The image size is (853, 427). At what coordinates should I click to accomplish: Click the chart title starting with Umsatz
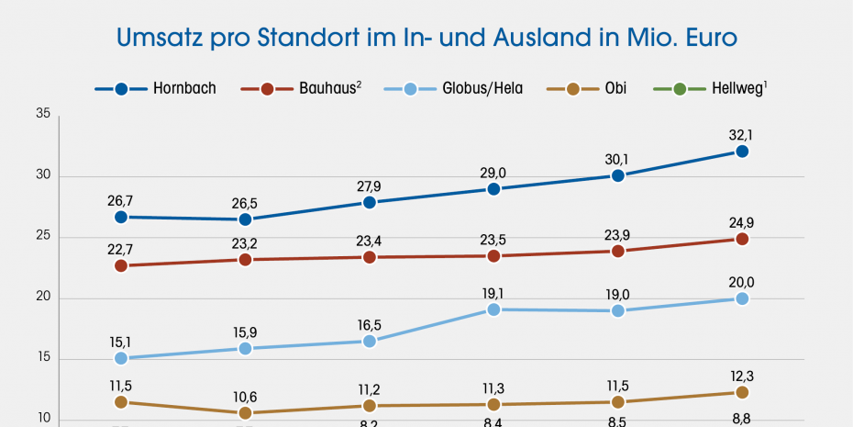pyautogui.click(x=426, y=39)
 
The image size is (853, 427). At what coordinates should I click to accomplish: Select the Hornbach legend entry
pyautogui.click(x=156, y=89)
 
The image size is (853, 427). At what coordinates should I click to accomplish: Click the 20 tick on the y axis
pyautogui.click(x=42, y=298)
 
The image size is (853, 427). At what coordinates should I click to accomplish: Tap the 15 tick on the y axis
pyautogui.click(x=42, y=360)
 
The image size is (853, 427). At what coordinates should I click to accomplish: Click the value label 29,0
pyautogui.click(x=493, y=172)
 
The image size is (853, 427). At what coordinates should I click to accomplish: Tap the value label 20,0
pyautogui.click(x=742, y=282)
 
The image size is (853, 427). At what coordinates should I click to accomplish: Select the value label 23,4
pyautogui.click(x=369, y=241)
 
